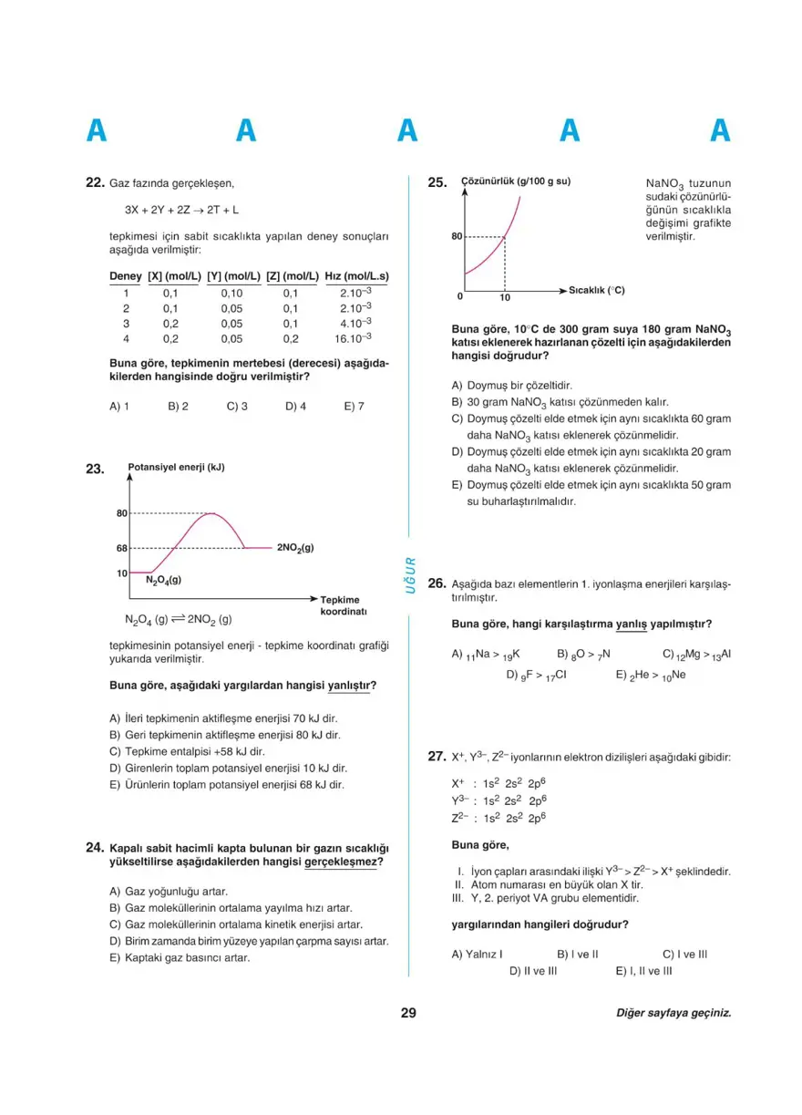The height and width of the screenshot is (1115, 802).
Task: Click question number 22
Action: [95, 182]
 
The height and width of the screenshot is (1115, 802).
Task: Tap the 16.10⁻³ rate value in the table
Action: [354, 338]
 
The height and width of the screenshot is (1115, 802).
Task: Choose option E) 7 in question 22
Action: [354, 407]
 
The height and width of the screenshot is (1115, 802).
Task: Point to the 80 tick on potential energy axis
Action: [121, 513]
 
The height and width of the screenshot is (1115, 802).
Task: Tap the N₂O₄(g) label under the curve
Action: [163, 580]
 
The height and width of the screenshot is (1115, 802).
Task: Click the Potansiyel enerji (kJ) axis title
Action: [176, 468]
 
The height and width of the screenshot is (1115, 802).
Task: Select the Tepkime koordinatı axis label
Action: [343, 605]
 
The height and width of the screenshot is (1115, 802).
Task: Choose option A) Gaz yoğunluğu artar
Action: [168, 891]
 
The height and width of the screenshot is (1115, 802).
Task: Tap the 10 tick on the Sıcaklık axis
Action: [505, 298]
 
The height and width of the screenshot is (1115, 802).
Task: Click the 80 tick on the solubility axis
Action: [457, 237]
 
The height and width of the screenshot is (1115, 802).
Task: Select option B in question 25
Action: [560, 401]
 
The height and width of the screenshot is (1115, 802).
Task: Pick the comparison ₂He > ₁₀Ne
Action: [650, 676]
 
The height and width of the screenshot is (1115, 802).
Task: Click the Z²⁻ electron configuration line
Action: [499, 818]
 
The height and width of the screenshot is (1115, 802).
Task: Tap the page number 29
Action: [407, 1012]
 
